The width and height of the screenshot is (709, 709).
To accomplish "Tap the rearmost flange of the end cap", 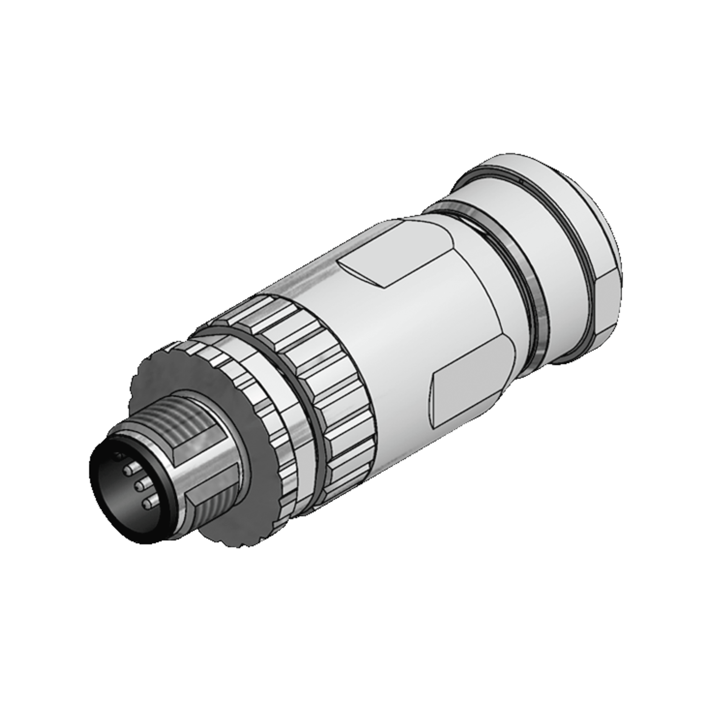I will tap(602, 220).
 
